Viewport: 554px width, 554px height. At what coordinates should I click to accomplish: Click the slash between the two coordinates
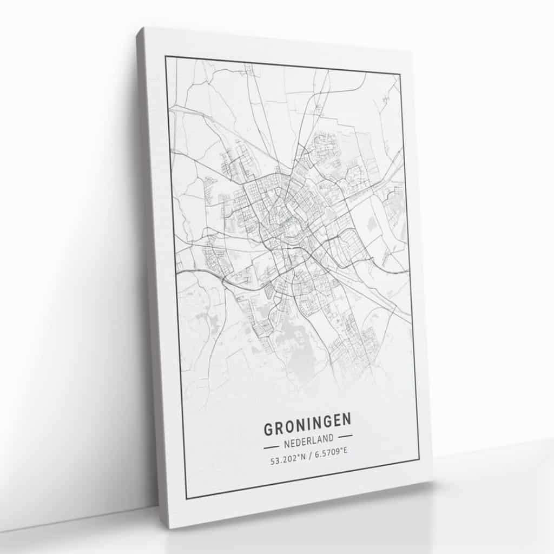point(308,459)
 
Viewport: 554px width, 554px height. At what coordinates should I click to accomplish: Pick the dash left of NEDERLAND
point(271,447)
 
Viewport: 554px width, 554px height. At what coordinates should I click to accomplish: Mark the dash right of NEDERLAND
point(344,436)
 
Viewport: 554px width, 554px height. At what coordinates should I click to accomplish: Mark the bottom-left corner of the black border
point(187,498)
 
